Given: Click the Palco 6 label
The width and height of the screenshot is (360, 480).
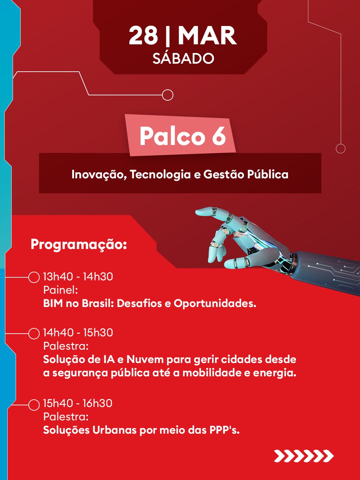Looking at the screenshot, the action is (183, 136).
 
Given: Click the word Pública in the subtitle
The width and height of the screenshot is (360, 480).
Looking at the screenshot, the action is (268, 174).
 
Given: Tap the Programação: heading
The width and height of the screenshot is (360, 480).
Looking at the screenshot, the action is (79, 245).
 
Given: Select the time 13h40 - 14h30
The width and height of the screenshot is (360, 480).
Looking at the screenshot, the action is (78, 277).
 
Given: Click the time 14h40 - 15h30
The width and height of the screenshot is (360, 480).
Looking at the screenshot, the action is (78, 333).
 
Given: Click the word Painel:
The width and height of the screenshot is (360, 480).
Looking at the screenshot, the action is (61, 290).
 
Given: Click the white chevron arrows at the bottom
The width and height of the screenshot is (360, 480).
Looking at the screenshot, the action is (304, 456).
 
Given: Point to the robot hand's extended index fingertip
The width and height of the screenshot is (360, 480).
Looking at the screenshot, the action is (197, 211).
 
